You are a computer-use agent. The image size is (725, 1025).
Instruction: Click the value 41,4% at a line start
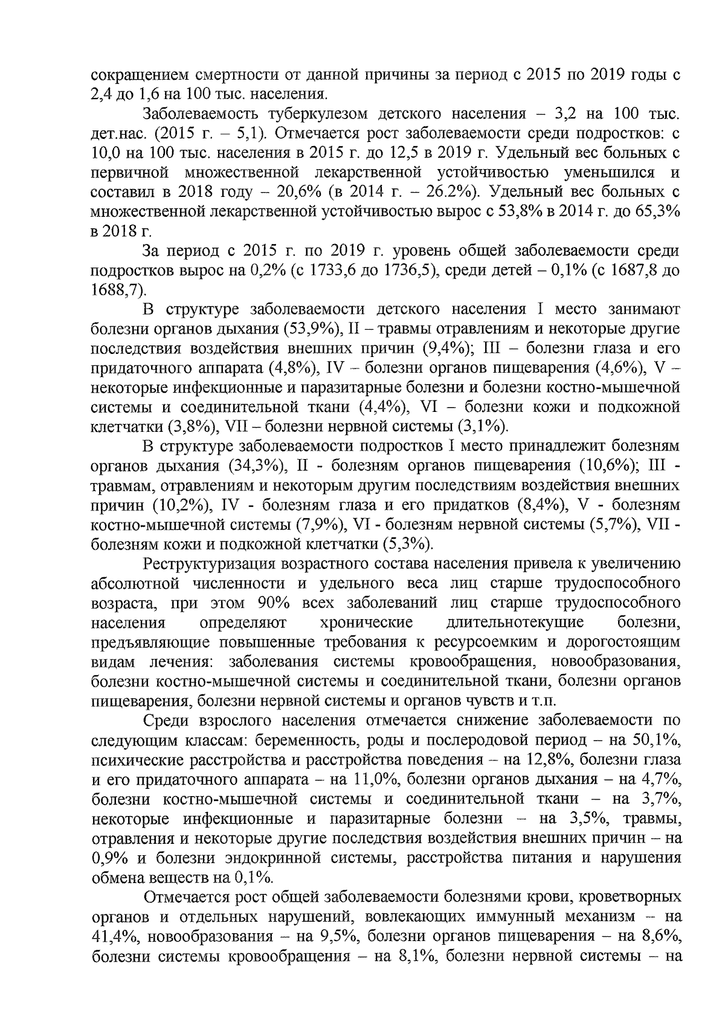click(115, 936)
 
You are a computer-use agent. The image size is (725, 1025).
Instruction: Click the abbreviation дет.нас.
click(115, 133)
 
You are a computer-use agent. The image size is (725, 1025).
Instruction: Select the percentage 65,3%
click(656, 211)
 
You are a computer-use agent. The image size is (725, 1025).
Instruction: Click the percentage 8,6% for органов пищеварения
click(659, 936)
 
